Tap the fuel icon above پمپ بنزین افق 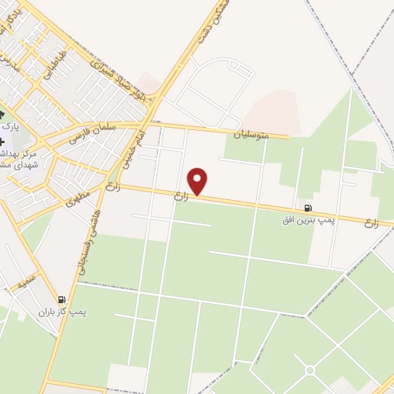pyautogui.click(x=309, y=207)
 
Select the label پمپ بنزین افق pyautogui.click(x=307, y=220)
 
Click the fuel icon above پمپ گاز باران pyautogui.click(x=62, y=299)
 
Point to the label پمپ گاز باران pyautogui.click(x=61, y=312)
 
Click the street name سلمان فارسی pyautogui.click(x=92, y=134)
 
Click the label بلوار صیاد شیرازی pyautogui.click(x=128, y=78)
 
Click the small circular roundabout pyautogui.click(x=309, y=370)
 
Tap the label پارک pyautogui.click(x=10, y=125)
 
